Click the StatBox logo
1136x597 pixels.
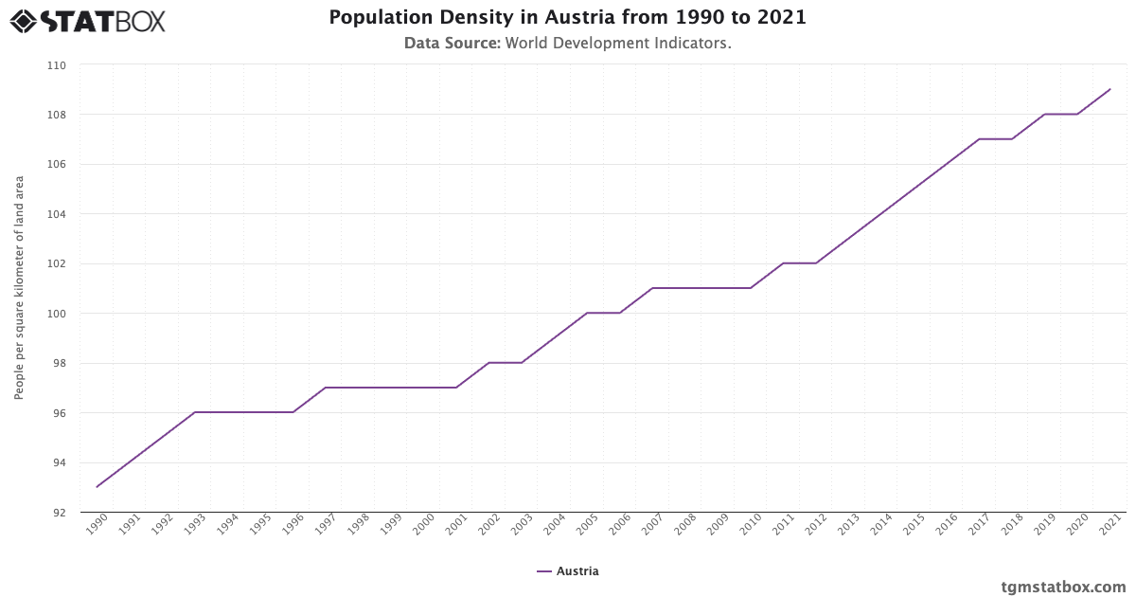pos(87,20)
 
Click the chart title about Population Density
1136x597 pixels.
pos(567,18)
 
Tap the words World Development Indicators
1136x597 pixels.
pos(617,44)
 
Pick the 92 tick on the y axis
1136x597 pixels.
pos(60,513)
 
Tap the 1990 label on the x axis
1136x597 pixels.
pos(96,526)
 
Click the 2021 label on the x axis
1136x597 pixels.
pos(1109,526)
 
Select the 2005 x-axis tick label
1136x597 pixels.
pos(586,526)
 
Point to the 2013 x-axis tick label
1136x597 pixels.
pos(848,526)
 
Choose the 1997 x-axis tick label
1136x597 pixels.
pos(325,526)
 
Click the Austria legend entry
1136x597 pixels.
pos(568,571)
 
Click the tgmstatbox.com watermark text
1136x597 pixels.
pos(1063,587)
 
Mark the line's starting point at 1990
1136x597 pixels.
pos(97,487)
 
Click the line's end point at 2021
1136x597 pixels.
pos(1110,90)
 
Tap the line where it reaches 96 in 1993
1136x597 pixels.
pos(195,412)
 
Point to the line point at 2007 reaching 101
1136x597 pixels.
pos(652,288)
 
